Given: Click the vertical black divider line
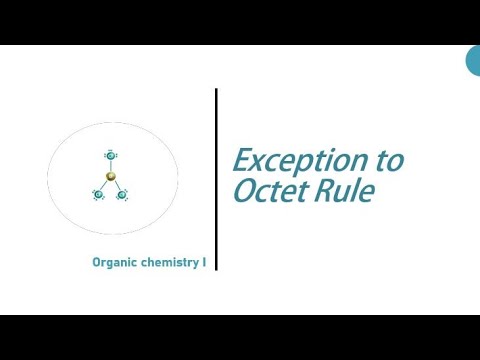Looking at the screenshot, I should pyautogui.click(x=216, y=180).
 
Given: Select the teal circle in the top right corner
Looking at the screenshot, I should pyautogui.click(x=474, y=61).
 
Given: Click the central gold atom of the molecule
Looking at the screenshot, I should pyautogui.click(x=111, y=177).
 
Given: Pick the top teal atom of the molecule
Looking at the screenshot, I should pyautogui.click(x=111, y=156).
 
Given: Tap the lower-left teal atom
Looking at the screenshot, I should pyautogui.click(x=100, y=194).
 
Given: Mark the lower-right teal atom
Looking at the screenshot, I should pyautogui.click(x=122, y=194).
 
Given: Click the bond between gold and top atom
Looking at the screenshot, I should pyautogui.click(x=111, y=167).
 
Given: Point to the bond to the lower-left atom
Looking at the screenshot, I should pyautogui.click(x=106, y=185).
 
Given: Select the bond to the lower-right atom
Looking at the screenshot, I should pyautogui.click(x=116, y=185).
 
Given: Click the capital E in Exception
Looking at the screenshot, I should pyautogui.click(x=243, y=161).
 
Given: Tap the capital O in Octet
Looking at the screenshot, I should pyautogui.click(x=245, y=191).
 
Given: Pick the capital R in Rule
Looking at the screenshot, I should pyautogui.click(x=326, y=191).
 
